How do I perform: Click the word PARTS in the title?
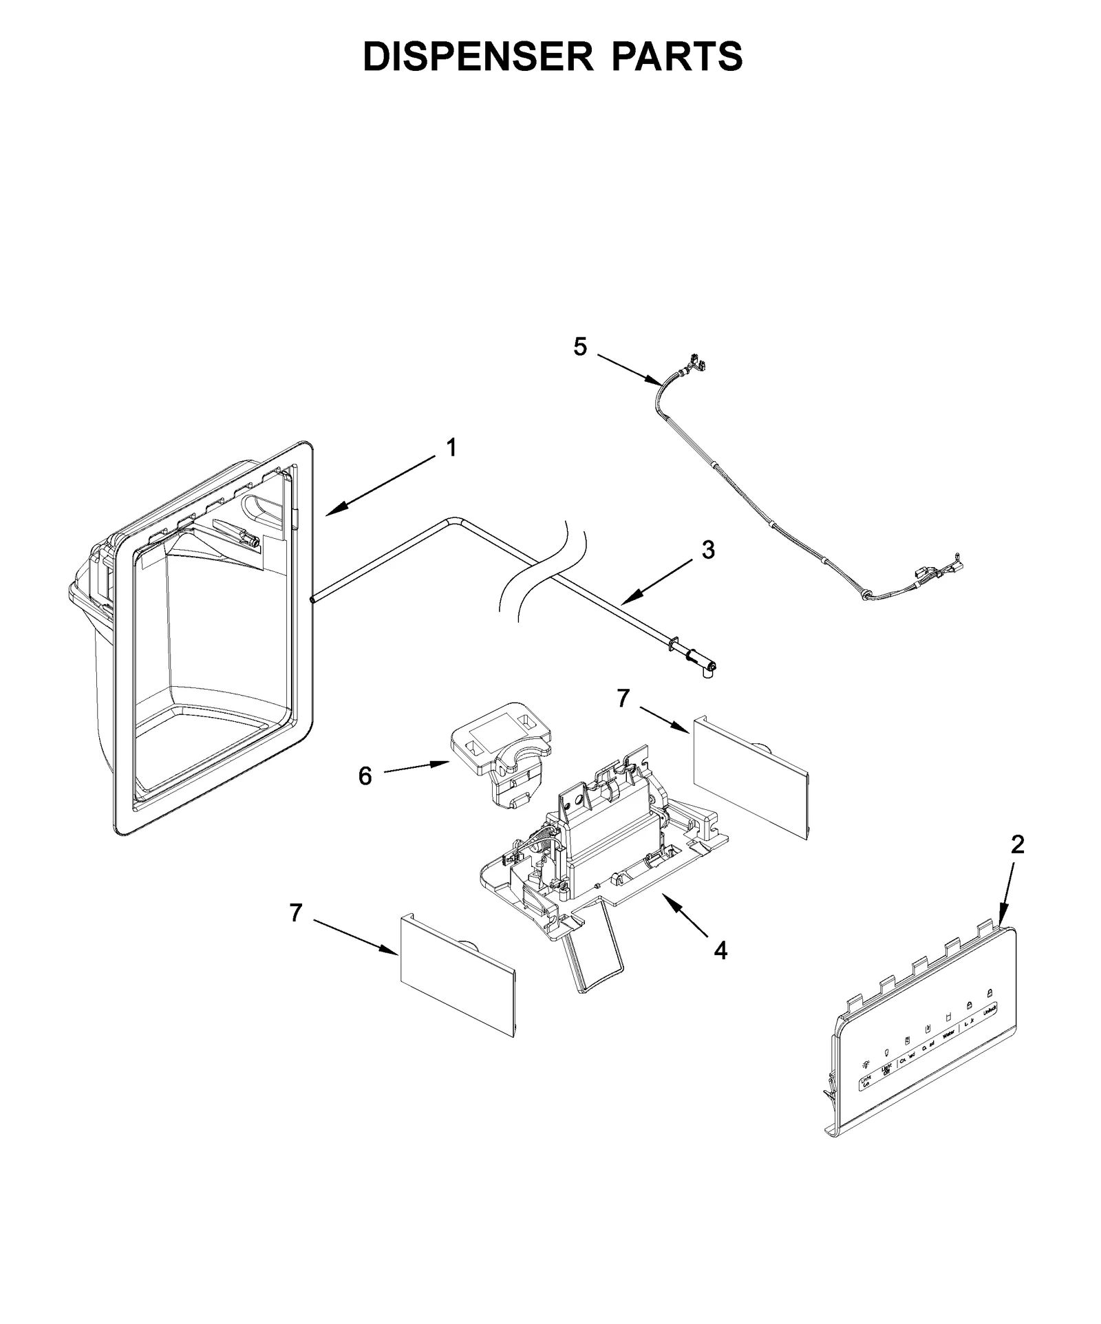[x=676, y=56]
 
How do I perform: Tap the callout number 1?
[x=451, y=448]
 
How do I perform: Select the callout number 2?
[x=1017, y=844]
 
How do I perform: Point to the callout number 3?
[x=708, y=549]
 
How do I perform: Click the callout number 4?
[x=720, y=950]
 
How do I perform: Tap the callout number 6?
[x=365, y=776]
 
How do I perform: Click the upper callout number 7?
[x=623, y=698]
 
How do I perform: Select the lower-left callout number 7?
[x=296, y=913]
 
